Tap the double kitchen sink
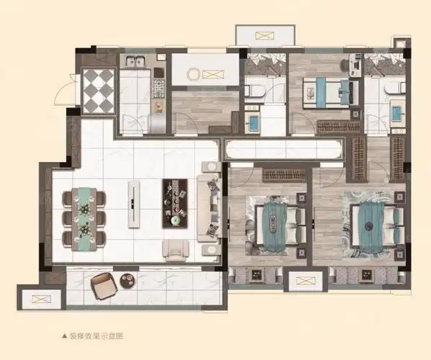135,62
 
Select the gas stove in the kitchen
159,90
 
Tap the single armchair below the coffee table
177,249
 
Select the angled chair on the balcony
102,287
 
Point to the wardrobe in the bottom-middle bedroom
283,174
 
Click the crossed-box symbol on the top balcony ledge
265,35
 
